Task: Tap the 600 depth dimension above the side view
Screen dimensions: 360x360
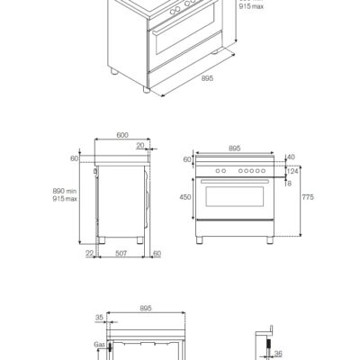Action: [x=122, y=135]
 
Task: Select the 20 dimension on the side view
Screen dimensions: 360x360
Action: [x=140, y=146]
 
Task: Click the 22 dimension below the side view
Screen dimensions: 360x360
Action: [x=90, y=255]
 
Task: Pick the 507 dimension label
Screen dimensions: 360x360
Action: [x=121, y=255]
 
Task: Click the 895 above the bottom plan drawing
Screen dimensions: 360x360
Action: [x=144, y=307]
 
